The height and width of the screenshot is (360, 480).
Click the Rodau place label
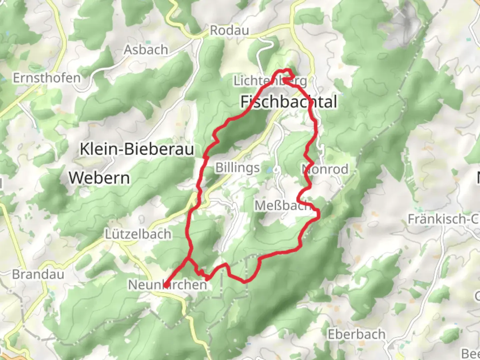(x=229, y=31)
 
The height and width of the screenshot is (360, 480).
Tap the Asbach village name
(x=146, y=50)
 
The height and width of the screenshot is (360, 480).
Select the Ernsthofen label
(x=47, y=78)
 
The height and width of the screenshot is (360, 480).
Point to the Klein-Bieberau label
(x=137, y=149)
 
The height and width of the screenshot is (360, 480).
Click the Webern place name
(x=99, y=178)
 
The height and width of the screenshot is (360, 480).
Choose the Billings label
(x=237, y=168)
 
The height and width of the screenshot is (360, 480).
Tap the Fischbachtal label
(x=289, y=102)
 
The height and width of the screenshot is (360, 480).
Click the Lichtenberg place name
(x=270, y=81)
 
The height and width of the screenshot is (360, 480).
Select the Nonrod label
(x=325, y=169)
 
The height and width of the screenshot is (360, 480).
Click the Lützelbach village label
(x=138, y=234)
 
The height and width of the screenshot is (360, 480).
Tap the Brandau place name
(x=38, y=274)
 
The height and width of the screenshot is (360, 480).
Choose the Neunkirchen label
(x=167, y=285)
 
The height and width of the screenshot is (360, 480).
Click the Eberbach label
(x=356, y=334)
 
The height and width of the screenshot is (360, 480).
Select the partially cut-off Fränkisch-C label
(x=443, y=219)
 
